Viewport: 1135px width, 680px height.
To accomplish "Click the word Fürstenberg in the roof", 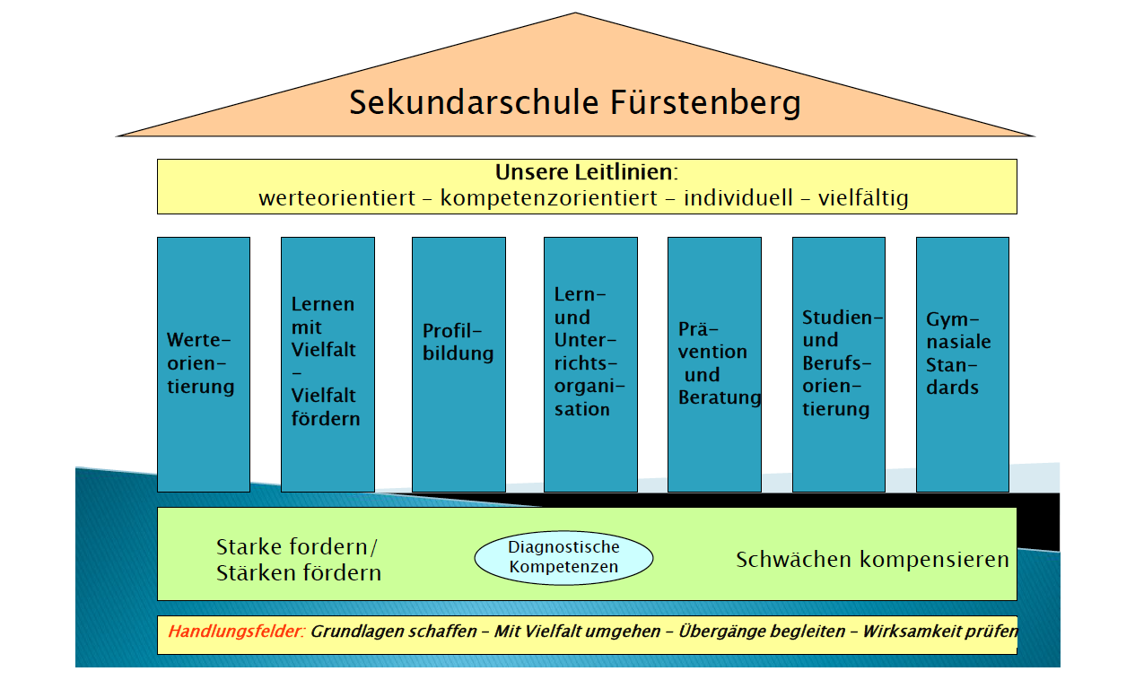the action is coord(705,103).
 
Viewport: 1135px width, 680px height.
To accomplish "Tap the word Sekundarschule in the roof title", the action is coord(475,102).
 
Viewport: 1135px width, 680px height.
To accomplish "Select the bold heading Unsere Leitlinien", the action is coord(586,172).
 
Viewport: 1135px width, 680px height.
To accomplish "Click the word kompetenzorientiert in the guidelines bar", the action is coord(549,198).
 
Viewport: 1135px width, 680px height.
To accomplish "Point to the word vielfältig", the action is coord(863,198).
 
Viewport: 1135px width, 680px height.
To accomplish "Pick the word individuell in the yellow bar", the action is coord(738,197).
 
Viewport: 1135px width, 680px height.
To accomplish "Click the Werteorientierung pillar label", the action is coord(201,363).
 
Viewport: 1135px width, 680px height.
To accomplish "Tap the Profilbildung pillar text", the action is coord(458,343).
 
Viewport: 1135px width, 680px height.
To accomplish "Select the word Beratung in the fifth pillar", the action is coord(720,397).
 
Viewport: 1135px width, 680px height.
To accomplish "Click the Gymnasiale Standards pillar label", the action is coord(958,353).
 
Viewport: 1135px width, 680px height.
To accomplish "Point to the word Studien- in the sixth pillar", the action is coord(843,318).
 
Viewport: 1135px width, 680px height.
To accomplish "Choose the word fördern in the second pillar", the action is coord(326,419).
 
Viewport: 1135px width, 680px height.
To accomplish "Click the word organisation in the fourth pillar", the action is coord(589,397).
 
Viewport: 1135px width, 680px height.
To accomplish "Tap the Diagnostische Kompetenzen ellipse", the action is coord(563,558).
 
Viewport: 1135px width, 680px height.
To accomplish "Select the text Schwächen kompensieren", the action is coord(872,560).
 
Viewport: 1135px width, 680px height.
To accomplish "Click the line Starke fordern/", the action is coord(297,547).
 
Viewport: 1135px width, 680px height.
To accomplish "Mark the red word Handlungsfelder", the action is coord(237,632).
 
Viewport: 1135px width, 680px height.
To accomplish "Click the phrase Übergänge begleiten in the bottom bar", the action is coord(762,632).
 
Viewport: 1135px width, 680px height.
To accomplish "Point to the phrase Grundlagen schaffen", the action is coord(394,632).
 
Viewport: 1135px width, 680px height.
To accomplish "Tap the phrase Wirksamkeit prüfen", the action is coord(940,632).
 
